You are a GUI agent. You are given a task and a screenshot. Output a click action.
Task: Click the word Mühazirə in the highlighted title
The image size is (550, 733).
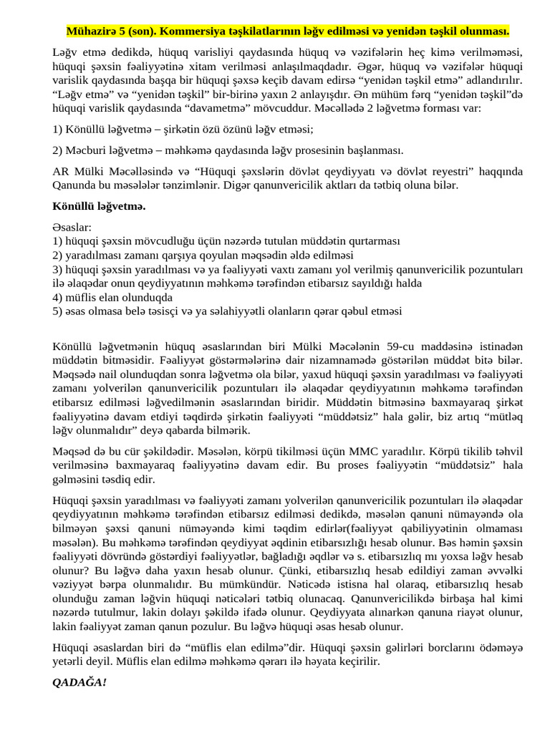click(x=89, y=31)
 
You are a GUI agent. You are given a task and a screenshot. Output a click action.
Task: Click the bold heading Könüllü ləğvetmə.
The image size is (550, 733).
click(x=99, y=206)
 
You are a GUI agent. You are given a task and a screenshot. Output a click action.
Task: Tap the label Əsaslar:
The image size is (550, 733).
click(x=72, y=227)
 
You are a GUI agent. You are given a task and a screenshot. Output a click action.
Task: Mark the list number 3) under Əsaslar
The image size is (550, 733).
click(x=58, y=269)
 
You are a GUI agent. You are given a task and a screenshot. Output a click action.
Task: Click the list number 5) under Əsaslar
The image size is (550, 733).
click(x=58, y=311)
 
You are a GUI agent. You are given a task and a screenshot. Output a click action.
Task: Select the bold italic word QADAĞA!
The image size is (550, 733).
click(x=79, y=682)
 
